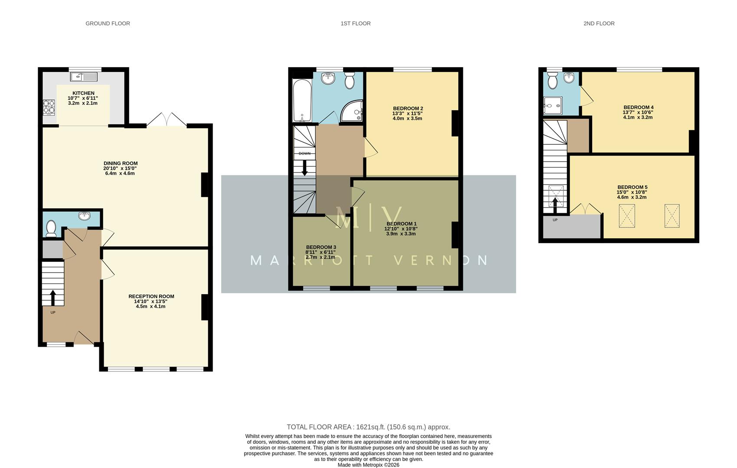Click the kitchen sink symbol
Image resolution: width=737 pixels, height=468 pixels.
tap(84, 77)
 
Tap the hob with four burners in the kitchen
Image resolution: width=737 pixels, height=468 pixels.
tap(49, 107)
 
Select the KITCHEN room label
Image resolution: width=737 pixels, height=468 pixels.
tap(83, 93)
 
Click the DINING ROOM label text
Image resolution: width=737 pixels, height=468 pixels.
tap(120, 163)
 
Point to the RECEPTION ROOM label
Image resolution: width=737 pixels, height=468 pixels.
tap(151, 296)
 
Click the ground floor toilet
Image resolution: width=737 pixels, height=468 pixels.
tap(51, 228)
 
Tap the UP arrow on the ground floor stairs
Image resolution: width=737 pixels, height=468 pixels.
tap(53, 297)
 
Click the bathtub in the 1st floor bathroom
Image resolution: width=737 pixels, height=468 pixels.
tap(300, 101)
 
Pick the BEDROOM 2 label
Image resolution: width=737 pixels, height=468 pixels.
tap(408, 108)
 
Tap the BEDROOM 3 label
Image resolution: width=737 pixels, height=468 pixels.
tap(321, 247)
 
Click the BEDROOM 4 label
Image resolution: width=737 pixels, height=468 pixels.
tap(638, 107)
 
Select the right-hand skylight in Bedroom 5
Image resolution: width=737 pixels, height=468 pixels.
tap(671, 216)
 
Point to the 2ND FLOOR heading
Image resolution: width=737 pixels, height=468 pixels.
tap(599, 23)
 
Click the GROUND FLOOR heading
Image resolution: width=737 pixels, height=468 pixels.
tap(108, 23)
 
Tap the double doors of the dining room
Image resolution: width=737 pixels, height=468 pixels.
tap(167, 120)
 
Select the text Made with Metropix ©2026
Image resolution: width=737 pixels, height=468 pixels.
tap(368, 465)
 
